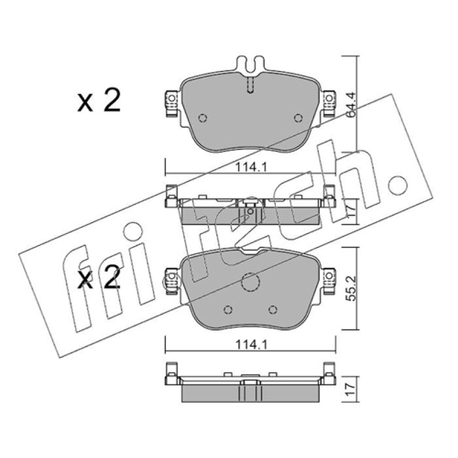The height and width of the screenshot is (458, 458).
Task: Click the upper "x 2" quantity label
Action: [99, 101]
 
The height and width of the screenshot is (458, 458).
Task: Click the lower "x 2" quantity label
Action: [99, 278]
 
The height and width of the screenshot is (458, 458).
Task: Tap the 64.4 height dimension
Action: [350, 105]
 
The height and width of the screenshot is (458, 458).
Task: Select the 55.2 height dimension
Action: [352, 288]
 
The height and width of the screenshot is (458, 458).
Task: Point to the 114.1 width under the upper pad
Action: [251, 167]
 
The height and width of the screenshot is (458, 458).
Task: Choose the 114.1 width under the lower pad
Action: [251, 345]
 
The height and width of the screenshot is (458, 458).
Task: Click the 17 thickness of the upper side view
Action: [351, 210]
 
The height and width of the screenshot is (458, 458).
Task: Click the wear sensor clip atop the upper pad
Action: [251, 64]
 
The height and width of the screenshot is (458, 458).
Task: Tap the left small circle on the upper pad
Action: [203, 119]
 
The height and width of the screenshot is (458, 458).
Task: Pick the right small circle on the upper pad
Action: [298, 118]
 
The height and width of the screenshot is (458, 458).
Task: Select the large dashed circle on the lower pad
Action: [251, 282]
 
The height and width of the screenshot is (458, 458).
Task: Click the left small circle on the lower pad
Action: [228, 309]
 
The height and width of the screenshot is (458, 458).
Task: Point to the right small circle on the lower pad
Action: [273, 309]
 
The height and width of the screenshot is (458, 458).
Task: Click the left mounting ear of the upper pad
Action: [172, 103]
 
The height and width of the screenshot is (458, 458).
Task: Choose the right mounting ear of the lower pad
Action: [329, 281]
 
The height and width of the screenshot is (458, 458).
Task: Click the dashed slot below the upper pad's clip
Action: [251, 85]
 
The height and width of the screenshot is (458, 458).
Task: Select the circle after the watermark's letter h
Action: [397, 185]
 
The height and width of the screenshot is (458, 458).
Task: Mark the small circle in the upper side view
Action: [250, 211]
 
